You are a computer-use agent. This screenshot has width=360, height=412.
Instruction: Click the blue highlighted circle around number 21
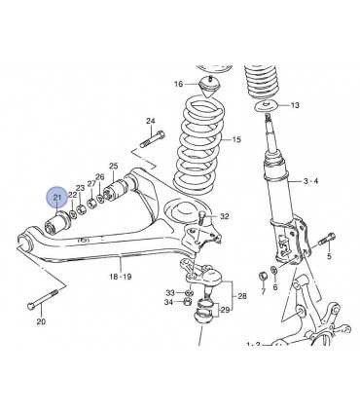click(x=57, y=198)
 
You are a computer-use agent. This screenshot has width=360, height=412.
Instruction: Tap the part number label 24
click(x=151, y=121)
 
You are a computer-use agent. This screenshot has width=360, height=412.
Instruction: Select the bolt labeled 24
click(x=152, y=139)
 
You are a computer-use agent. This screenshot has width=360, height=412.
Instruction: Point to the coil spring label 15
click(x=236, y=139)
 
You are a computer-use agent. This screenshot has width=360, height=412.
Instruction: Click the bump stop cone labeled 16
click(x=209, y=86)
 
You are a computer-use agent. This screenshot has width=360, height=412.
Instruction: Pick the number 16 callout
click(x=179, y=84)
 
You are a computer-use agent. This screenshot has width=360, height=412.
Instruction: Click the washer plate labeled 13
click(x=267, y=107)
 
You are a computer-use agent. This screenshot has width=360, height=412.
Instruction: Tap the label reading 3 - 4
click(x=310, y=181)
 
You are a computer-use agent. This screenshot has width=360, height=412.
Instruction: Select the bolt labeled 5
click(x=327, y=240)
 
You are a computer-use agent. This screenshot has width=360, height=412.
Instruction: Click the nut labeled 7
click(x=263, y=276)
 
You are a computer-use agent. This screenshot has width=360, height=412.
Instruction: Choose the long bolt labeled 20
click(x=43, y=298)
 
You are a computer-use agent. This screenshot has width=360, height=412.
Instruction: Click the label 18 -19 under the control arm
click(x=121, y=277)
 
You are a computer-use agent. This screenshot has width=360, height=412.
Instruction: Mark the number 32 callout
click(x=225, y=216)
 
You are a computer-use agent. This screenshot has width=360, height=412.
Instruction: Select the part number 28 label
click(x=242, y=296)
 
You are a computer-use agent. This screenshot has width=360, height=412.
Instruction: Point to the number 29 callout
click(x=225, y=310)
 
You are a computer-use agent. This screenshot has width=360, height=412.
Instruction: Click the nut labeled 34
click(x=187, y=302)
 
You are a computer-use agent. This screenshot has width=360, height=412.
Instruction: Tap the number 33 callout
click(x=170, y=293)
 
